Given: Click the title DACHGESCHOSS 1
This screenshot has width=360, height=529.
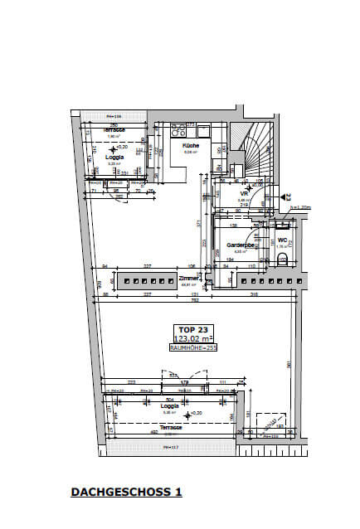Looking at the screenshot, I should pos(127,492).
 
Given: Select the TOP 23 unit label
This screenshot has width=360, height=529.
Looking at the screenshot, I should pos(187,328).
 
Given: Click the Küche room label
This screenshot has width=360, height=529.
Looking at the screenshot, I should pos(191,145).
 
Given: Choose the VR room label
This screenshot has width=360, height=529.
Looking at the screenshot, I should pos(243,193).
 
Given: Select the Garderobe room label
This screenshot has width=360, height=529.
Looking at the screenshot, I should pos(240,245).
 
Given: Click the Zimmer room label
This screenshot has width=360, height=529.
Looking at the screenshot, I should pos(188,279).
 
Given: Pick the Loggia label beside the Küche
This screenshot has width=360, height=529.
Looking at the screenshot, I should pos(114,156).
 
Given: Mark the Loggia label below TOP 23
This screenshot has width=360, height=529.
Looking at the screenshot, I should pos(170,405).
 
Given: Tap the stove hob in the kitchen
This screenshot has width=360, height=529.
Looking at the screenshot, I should pos(178,130).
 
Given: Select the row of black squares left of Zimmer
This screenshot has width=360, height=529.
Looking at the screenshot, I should pos(146,283).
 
